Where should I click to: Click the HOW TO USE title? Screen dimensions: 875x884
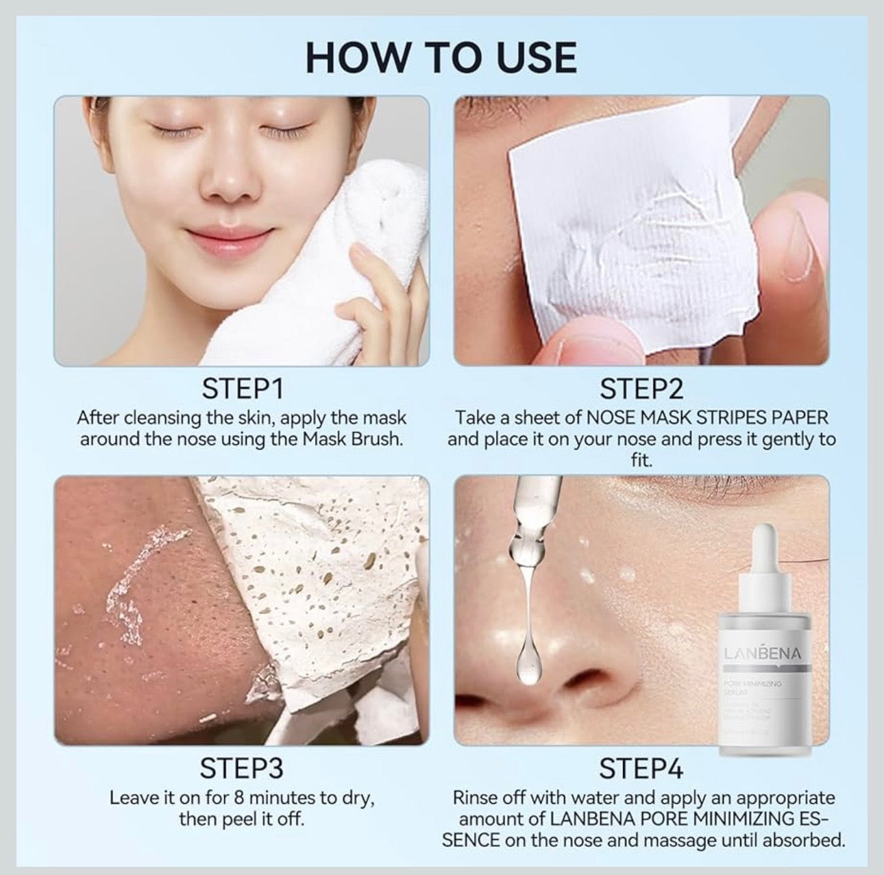(441, 57)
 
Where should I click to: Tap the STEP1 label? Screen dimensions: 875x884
(242, 389)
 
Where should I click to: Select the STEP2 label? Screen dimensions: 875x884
(641, 389)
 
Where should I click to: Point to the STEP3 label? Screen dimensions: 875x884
(241, 769)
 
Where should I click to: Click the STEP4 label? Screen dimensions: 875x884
(641, 769)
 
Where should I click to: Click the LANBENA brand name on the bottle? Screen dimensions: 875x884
(761, 654)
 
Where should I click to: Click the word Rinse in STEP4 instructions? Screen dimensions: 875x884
(475, 798)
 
